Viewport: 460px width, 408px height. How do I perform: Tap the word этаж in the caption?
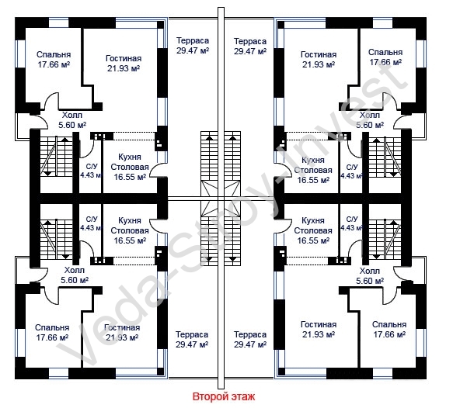[243, 397]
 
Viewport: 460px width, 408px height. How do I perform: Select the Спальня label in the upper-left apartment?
[54, 54]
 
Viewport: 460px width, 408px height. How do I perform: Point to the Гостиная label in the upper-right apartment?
[319, 54]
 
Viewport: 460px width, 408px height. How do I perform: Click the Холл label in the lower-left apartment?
[75, 270]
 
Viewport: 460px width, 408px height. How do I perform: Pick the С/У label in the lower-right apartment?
[352, 219]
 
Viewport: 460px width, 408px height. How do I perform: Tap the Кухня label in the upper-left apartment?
[130, 157]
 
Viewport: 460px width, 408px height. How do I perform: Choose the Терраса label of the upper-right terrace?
[250, 41]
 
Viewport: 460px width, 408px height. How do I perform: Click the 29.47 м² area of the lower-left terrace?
[192, 344]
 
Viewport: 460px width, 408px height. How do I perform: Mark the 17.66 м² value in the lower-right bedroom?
[389, 334]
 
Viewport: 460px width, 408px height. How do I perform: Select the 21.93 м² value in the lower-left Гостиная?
[122, 337]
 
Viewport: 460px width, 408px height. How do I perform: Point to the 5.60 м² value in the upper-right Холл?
[370, 125]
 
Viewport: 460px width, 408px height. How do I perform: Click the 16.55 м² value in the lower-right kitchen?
[313, 240]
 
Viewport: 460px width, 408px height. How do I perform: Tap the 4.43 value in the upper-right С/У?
[347, 176]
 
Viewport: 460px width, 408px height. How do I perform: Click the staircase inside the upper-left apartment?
[56, 156]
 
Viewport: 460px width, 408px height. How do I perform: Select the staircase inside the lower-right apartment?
[385, 240]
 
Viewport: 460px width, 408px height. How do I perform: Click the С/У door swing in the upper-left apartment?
[86, 147]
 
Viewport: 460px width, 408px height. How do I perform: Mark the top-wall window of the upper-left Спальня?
[58, 22]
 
